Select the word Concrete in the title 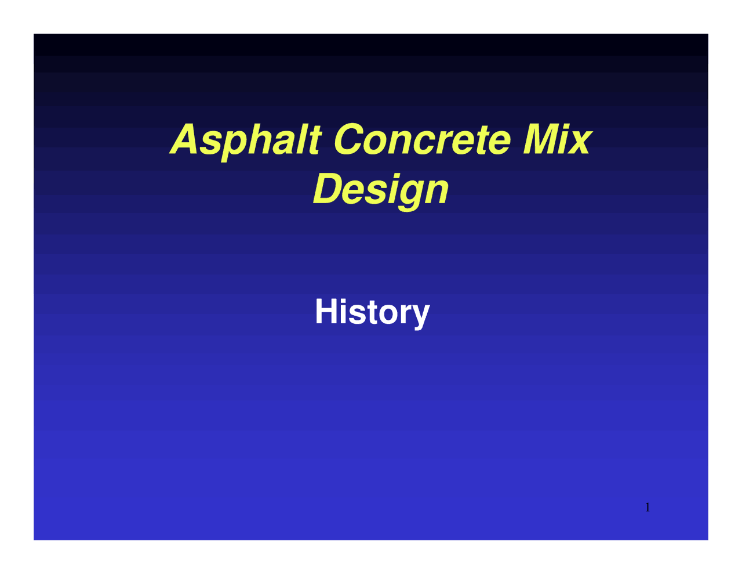click(x=423, y=140)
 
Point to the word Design click(x=381, y=190)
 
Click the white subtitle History click(x=372, y=312)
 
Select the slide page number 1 click(x=648, y=508)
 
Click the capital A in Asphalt click(x=185, y=140)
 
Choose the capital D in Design click(x=329, y=189)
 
